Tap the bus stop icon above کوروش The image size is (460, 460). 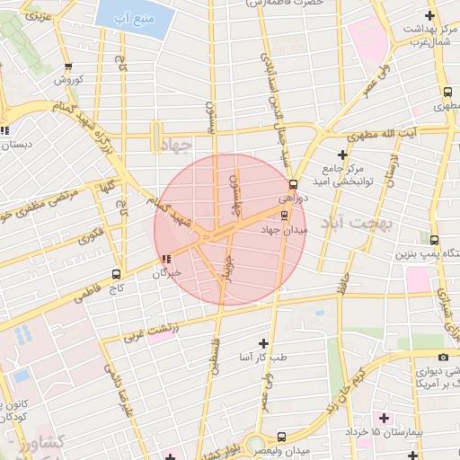point(69,66)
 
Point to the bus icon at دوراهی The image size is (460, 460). point(293,185)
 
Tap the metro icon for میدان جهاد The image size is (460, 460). point(285,215)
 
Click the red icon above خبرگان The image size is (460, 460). point(164,260)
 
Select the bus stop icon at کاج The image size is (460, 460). point(115,274)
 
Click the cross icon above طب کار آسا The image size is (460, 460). point(263,343)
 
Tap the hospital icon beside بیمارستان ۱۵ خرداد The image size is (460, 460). point(385,419)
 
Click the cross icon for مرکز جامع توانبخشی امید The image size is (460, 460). point(342,155)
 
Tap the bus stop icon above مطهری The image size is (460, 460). point(448,93)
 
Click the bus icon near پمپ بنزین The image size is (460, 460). point(435,241)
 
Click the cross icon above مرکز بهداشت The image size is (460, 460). point(430,15)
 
